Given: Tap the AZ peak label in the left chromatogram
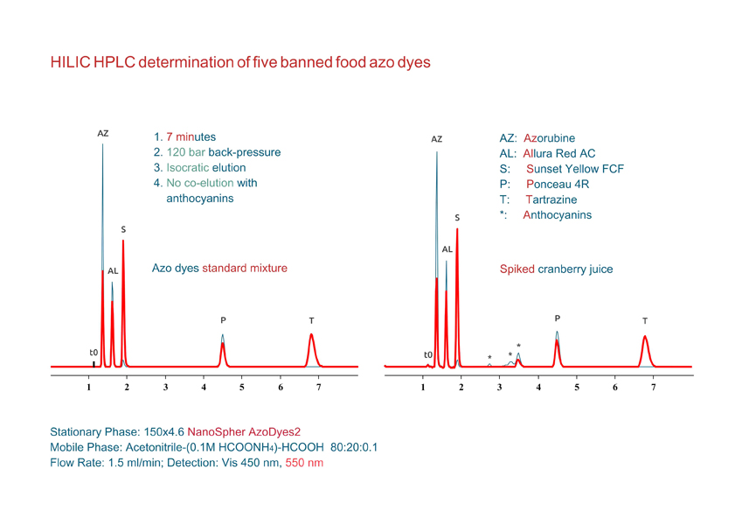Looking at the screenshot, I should point(103,134).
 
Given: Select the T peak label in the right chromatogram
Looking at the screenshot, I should point(645,320).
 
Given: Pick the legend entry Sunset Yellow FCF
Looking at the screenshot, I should point(574,168).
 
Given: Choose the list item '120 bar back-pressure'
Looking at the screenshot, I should point(217,152).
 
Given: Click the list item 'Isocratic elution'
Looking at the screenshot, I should point(200,167).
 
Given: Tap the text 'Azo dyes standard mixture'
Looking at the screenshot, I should point(219,268).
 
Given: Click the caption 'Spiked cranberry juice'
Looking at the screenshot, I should point(556,269).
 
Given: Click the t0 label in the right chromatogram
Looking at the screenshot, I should point(427,354).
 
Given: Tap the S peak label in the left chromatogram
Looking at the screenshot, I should point(123,229).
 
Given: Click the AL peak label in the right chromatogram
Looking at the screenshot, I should point(447,249).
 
